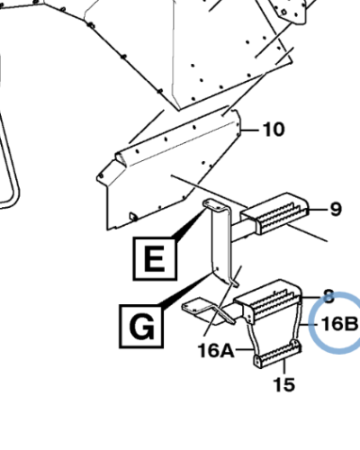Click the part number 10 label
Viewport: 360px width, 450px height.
(274, 130)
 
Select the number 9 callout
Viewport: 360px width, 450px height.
(336, 209)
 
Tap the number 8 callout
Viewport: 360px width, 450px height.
(329, 296)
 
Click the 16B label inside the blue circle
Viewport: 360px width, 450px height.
(339, 324)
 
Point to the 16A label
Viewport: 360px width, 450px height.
(216, 350)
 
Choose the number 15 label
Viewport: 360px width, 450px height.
(284, 384)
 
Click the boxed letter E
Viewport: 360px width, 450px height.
(155, 258)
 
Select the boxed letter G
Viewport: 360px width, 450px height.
(141, 326)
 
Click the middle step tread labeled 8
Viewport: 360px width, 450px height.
(268, 300)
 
